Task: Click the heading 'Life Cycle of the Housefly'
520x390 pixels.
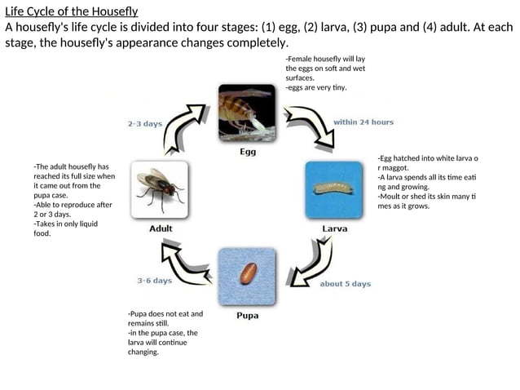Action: point(72,11)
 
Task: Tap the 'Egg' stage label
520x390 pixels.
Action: point(248,152)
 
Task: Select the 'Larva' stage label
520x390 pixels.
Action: point(334,228)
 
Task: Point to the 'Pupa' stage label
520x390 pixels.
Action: point(248,316)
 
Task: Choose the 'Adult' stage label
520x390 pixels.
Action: point(161,228)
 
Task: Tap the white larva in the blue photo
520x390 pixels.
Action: point(333,189)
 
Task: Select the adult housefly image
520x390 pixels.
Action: point(161,188)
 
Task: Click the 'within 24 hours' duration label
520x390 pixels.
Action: point(364,122)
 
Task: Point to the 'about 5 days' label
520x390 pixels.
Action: point(345,284)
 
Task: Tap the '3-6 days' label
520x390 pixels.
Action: point(154,281)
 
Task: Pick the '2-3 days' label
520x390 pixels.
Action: point(145,124)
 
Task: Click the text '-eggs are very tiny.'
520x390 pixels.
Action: point(315,88)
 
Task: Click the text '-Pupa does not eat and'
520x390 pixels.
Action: point(165,313)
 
